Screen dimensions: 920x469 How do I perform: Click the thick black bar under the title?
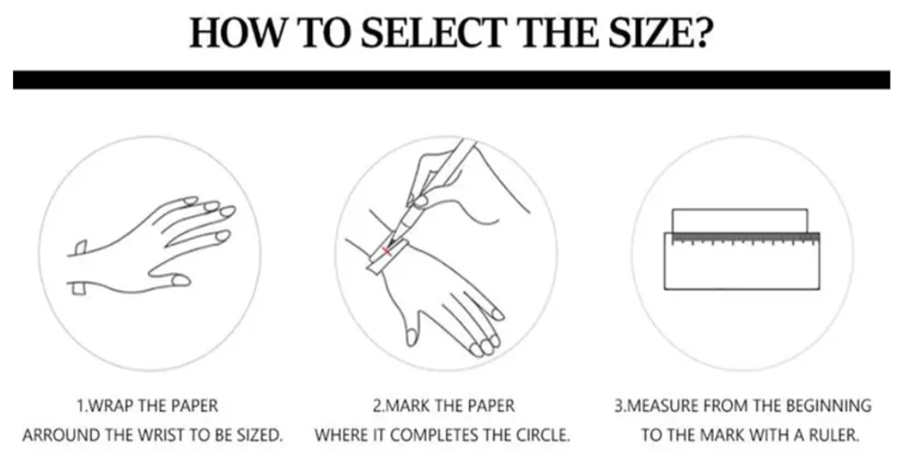point(451,80)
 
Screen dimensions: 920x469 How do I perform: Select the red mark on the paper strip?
point(386,251)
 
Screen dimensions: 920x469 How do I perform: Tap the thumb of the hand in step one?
point(170,278)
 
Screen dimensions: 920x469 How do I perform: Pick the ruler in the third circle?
point(742,261)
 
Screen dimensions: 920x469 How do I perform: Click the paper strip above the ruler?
point(740,221)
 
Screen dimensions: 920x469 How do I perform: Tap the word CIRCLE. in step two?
point(543,436)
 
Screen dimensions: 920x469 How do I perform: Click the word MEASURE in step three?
point(661,406)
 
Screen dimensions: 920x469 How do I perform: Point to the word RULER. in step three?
point(834,436)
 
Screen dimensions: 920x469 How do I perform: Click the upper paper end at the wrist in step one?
point(81,247)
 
